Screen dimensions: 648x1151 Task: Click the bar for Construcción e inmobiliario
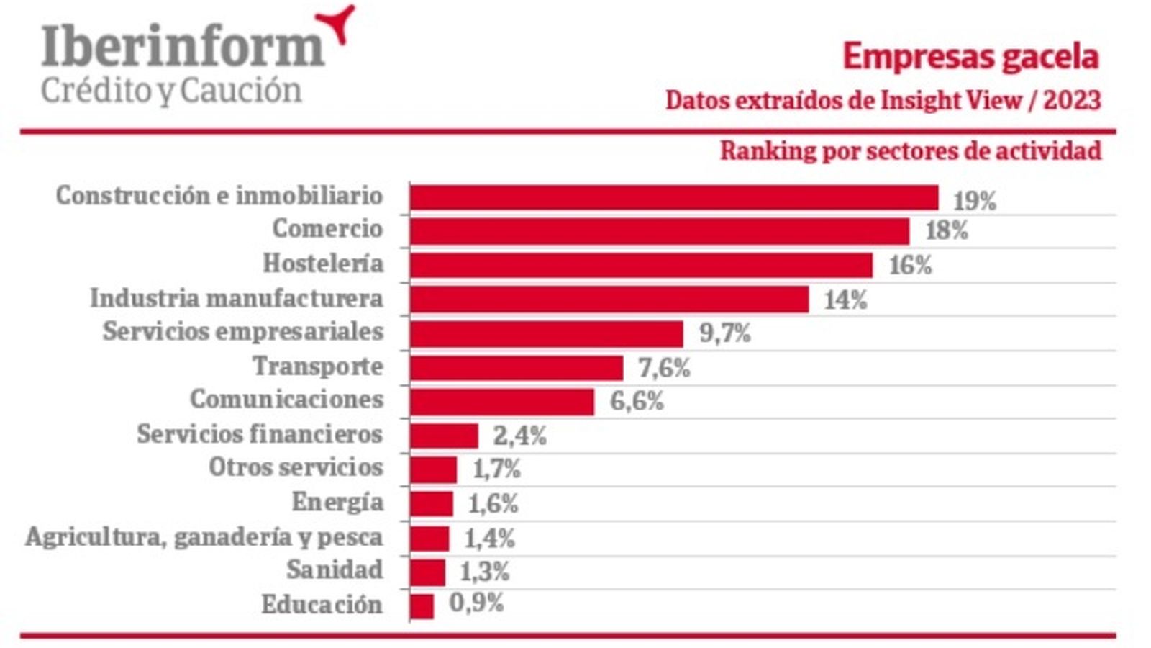674,197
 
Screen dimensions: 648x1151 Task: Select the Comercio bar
660,231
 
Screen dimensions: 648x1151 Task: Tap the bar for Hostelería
641,265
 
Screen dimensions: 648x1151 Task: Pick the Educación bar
422,606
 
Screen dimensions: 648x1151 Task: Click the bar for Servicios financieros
444,436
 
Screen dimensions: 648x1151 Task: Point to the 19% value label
974,201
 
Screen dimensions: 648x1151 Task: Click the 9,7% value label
724,333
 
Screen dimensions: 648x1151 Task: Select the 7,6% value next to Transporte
664,368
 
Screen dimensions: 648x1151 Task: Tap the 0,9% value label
476,603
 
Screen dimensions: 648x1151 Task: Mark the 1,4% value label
489,538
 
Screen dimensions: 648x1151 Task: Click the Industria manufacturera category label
236,298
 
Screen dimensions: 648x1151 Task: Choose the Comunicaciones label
286,399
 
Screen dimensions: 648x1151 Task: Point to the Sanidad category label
335,570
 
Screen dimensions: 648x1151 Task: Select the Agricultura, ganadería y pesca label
204,537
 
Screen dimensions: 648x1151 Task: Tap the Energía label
337,502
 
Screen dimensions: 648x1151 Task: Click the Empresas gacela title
970,56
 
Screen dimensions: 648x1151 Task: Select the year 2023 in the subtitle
1072,100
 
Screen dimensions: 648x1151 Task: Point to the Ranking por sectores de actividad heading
910,151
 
